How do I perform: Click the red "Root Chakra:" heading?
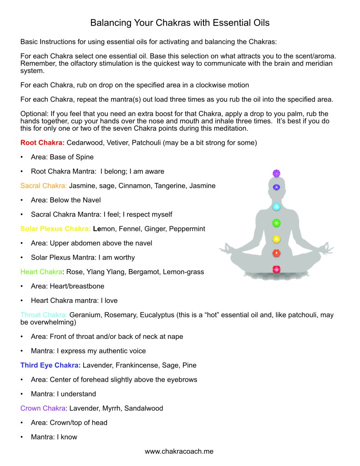pyautogui.click(x=42, y=143)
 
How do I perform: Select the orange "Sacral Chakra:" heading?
pyautogui.click(x=44, y=185)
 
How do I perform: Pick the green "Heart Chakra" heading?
pyautogui.click(x=41, y=271)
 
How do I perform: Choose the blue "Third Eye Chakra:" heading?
pyautogui.click(x=51, y=365)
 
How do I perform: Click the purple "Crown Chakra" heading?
pyautogui.click(x=43, y=408)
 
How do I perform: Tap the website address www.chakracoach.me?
pyautogui.click(x=179, y=451)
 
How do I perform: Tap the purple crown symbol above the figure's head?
pyautogui.click(x=276, y=173)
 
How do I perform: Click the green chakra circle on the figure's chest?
pyautogui.click(x=276, y=223)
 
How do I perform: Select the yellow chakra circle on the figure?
pyautogui.click(x=276, y=239)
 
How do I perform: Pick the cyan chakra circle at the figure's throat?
pyautogui.click(x=276, y=206)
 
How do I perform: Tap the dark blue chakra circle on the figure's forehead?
pyautogui.click(x=276, y=187)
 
